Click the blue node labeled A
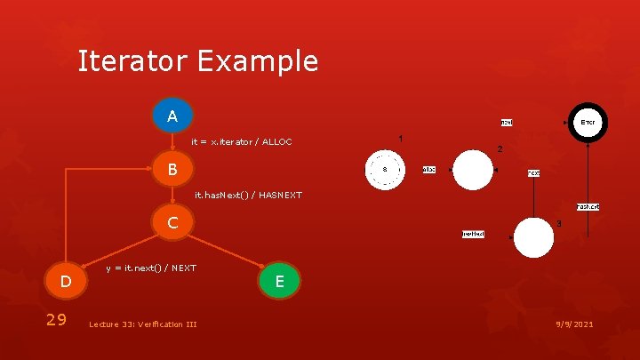172,116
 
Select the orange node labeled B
172,169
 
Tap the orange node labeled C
172,222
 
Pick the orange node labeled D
65,282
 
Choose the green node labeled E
279,282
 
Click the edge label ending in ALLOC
242,141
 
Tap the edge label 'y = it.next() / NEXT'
151,268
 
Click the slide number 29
55,319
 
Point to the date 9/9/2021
572,324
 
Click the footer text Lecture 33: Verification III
142,324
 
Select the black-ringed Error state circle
588,122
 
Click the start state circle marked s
385,169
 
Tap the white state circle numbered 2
473,170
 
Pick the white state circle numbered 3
533,237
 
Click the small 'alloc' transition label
428,169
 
